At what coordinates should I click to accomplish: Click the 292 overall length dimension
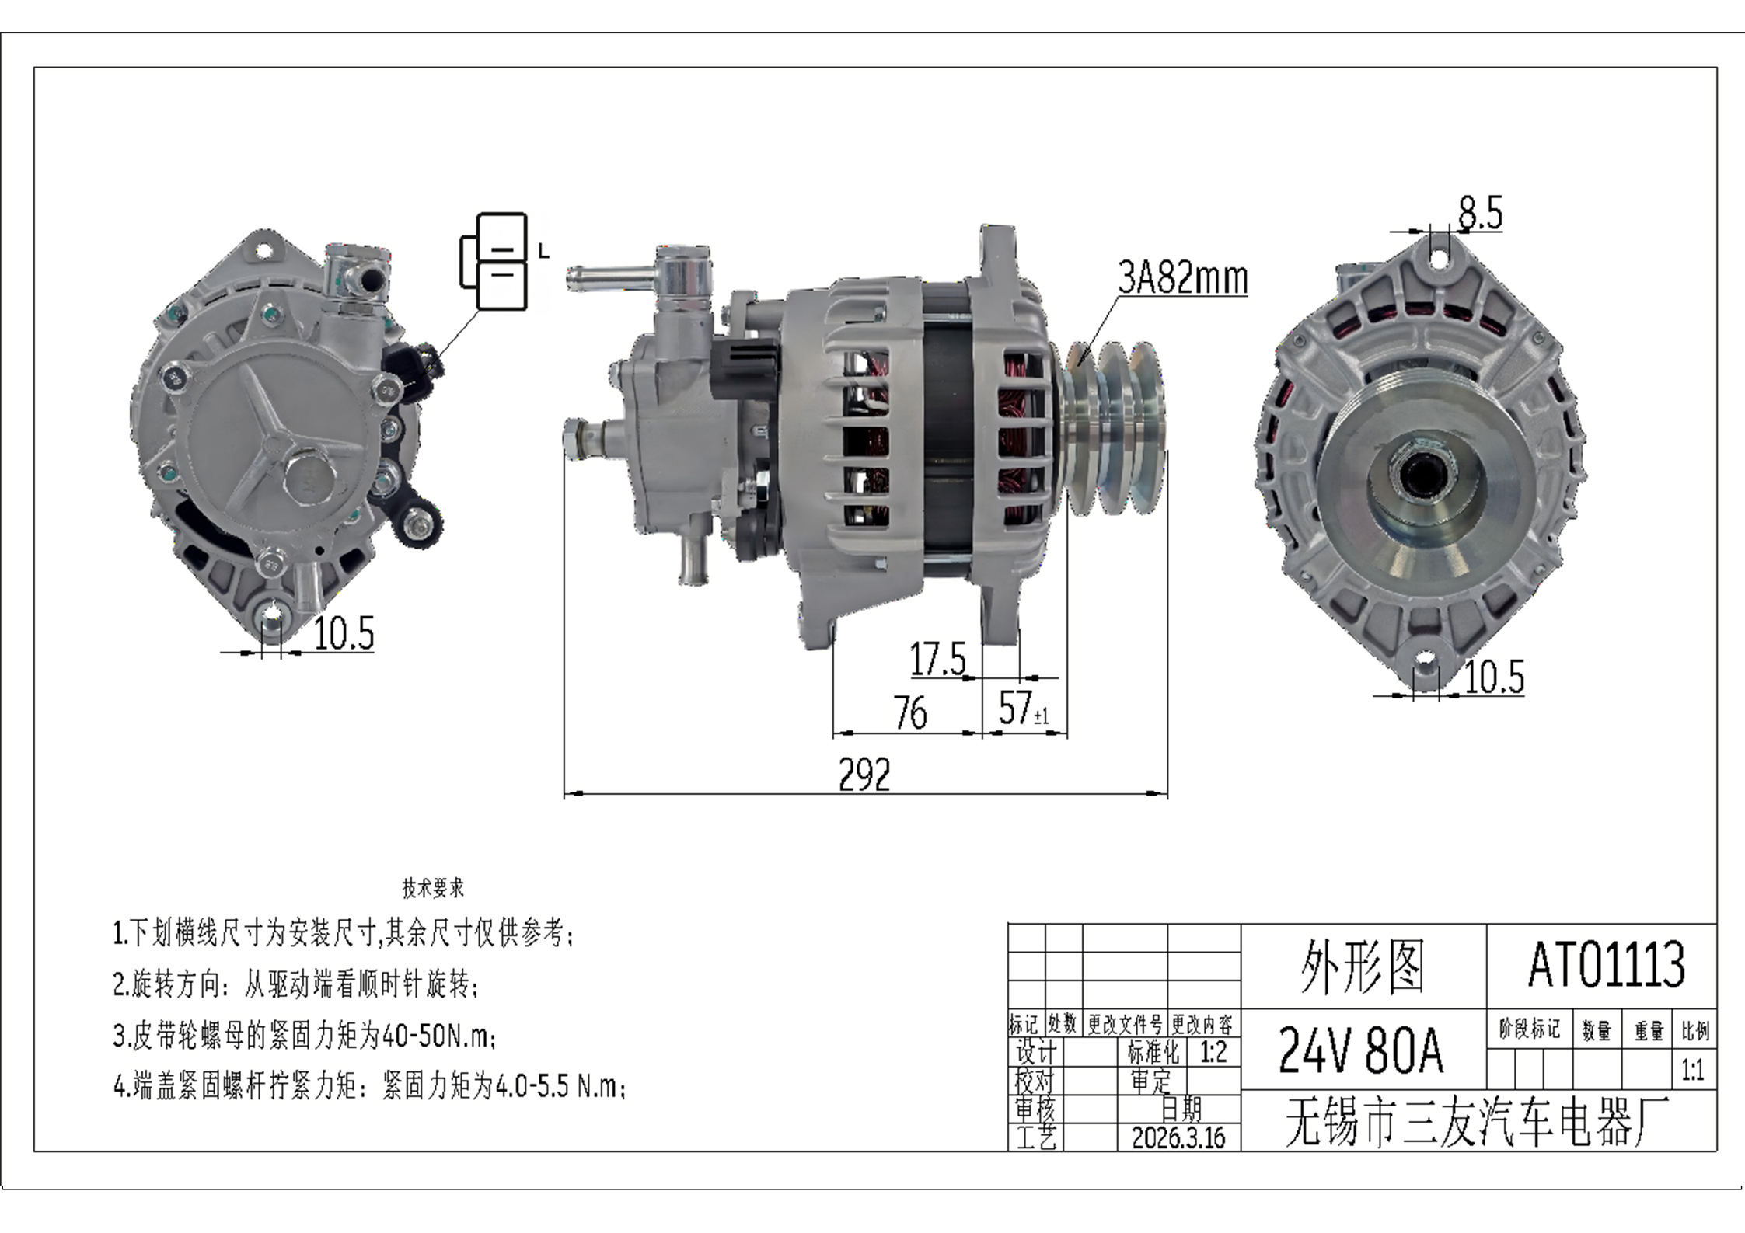864,775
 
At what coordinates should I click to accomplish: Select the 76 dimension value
910,712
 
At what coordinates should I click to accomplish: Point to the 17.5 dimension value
938,660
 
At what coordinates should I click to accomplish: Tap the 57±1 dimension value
1024,708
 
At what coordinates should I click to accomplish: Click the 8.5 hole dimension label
1480,213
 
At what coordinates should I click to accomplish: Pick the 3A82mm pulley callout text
1183,277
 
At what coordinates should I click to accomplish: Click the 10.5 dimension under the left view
344,633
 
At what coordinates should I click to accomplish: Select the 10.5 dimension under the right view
1494,677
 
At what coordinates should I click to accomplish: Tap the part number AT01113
1606,965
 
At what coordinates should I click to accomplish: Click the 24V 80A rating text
1360,1050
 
